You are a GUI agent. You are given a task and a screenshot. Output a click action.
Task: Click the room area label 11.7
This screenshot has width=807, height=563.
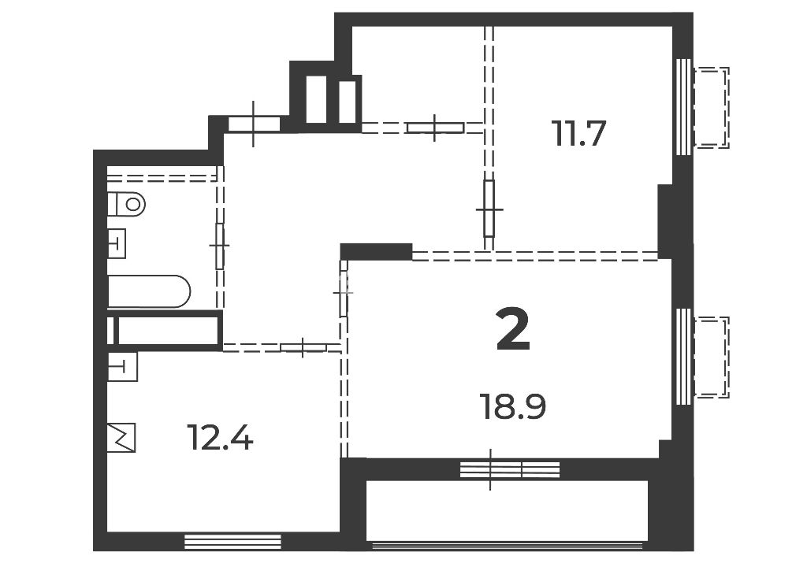click(579, 133)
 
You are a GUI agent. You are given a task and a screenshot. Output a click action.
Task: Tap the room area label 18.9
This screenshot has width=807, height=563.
click(512, 406)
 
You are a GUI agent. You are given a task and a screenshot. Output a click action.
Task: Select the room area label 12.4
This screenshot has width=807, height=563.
click(220, 438)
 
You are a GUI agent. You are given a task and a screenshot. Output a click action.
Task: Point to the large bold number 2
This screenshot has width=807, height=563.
click(513, 330)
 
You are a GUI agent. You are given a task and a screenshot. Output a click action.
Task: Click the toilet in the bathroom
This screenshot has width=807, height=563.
click(127, 204)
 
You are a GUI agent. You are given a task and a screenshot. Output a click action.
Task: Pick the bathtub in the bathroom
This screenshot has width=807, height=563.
click(149, 291)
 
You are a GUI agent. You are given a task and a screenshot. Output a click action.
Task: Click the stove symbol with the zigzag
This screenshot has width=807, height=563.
click(121, 438)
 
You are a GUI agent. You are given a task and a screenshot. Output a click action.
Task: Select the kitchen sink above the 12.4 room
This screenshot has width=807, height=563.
click(122, 366)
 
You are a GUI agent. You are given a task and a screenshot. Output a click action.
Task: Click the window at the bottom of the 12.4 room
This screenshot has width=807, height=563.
click(232, 542)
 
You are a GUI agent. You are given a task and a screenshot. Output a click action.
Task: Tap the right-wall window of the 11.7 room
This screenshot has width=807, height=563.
click(683, 106)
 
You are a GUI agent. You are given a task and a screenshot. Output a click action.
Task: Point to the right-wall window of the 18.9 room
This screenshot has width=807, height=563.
click(683, 357)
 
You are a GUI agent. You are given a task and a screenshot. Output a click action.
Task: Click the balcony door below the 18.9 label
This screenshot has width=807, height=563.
click(510, 469)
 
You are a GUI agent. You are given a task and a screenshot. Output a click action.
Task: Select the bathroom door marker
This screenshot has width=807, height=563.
click(220, 246)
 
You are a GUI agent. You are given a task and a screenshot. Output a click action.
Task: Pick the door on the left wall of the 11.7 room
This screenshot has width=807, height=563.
click(489, 209)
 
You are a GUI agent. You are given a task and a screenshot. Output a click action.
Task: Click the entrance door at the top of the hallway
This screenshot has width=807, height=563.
click(254, 124)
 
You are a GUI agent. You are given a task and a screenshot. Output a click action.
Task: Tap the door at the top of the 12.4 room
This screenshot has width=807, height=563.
click(303, 347)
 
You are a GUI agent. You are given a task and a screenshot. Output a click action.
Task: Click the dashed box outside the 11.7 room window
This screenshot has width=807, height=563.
click(712, 107)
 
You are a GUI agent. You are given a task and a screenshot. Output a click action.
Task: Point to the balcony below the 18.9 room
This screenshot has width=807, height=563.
click(507, 510)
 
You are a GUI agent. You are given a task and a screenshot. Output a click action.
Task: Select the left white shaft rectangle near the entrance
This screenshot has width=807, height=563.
click(316, 99)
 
